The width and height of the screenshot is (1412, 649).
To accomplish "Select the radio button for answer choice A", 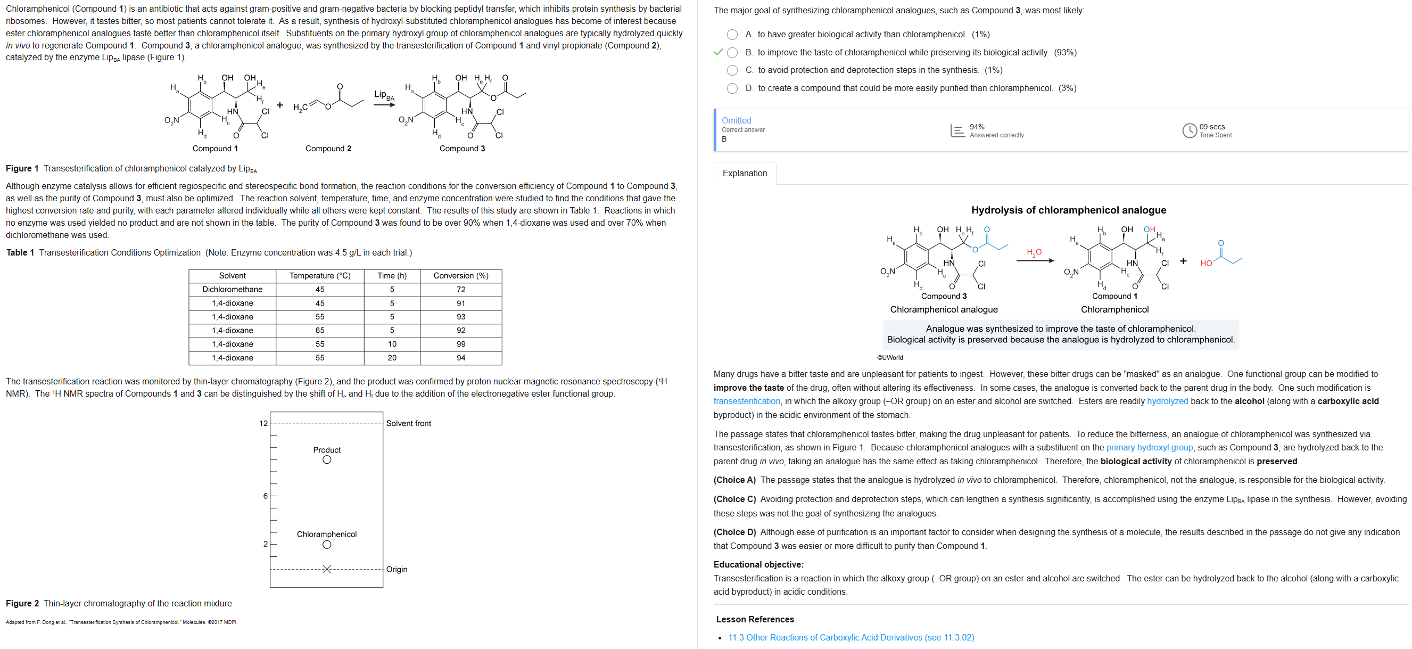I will (732, 35).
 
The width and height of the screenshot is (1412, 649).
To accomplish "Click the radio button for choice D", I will (732, 88).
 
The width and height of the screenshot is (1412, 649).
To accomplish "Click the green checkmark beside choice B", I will (718, 53).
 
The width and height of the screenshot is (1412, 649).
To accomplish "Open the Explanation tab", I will (745, 173).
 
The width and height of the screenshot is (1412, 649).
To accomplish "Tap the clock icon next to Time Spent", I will (1189, 130).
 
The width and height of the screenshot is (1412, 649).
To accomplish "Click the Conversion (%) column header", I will (460, 276).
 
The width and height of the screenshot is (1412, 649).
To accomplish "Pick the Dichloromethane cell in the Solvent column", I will (233, 290).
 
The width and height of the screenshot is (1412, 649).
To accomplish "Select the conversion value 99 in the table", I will (460, 344).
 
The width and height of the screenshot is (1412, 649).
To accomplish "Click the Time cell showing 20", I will (392, 358).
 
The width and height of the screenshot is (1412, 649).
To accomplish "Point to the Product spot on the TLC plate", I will (327, 460).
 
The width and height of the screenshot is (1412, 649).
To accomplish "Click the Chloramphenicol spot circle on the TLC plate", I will (327, 545).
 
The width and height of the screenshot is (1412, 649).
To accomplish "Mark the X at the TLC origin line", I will (327, 570).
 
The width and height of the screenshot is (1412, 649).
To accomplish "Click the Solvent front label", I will (408, 424).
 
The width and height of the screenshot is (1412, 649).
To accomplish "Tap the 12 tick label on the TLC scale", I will (263, 424).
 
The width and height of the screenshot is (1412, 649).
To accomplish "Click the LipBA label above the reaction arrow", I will (384, 95).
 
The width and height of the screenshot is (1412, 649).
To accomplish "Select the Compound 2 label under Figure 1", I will (328, 149).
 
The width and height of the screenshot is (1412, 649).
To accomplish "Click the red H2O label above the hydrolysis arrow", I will (1034, 252).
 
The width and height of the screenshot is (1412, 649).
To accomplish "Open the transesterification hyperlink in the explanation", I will (747, 401).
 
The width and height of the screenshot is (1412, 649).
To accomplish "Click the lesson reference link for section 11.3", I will (850, 637).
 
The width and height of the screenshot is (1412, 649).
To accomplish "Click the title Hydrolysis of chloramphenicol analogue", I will (1068, 210).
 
